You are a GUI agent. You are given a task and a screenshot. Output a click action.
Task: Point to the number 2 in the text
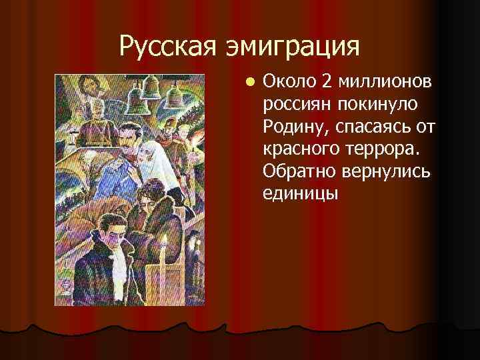point(326,81)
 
